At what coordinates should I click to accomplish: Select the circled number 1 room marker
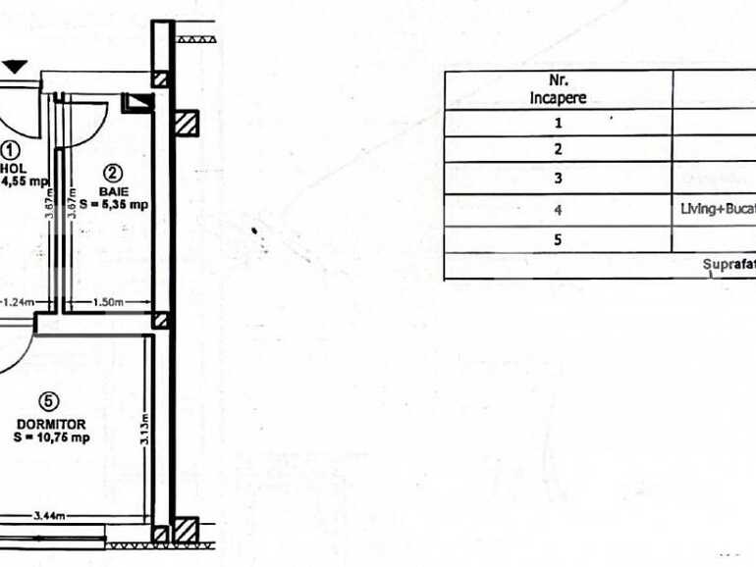coord(11,150)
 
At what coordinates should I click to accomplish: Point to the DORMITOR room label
coord(51,424)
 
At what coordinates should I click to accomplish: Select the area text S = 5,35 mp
coord(115,204)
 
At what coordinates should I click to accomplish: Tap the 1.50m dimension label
coord(109,303)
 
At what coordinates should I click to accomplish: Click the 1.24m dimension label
coord(17,303)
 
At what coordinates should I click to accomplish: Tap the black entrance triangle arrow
coord(16,67)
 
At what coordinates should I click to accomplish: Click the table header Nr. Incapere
coord(558,89)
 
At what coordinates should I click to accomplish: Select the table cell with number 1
coord(558,124)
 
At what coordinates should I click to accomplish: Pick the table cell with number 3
coord(558,179)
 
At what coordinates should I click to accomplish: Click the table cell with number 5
coord(558,239)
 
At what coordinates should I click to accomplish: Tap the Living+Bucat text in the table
coord(717,209)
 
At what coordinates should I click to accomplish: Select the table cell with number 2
coord(558,150)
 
